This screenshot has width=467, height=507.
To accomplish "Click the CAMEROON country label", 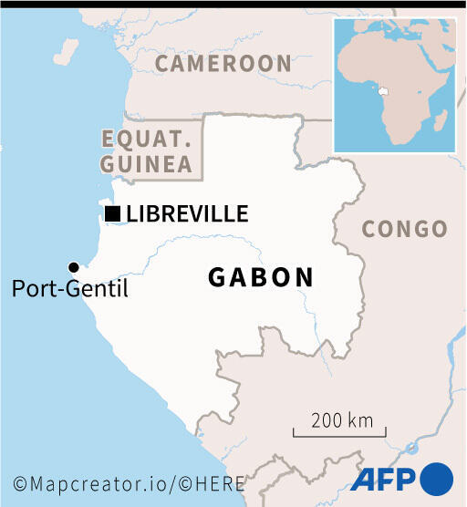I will (x=223, y=63).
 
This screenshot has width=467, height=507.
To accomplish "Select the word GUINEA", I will (x=146, y=164).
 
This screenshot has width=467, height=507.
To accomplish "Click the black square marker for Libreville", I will (x=113, y=214).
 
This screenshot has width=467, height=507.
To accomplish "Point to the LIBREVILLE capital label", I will (x=187, y=214).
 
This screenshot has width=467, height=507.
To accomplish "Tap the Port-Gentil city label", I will (x=70, y=290).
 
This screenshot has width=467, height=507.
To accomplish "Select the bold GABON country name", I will (x=261, y=277).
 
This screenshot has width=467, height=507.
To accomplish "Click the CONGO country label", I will (x=405, y=229).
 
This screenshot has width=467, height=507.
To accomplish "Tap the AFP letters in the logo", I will (x=383, y=479).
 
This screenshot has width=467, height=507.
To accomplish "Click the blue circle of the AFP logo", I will (x=436, y=479).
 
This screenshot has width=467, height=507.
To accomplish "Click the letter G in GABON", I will (x=218, y=277).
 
